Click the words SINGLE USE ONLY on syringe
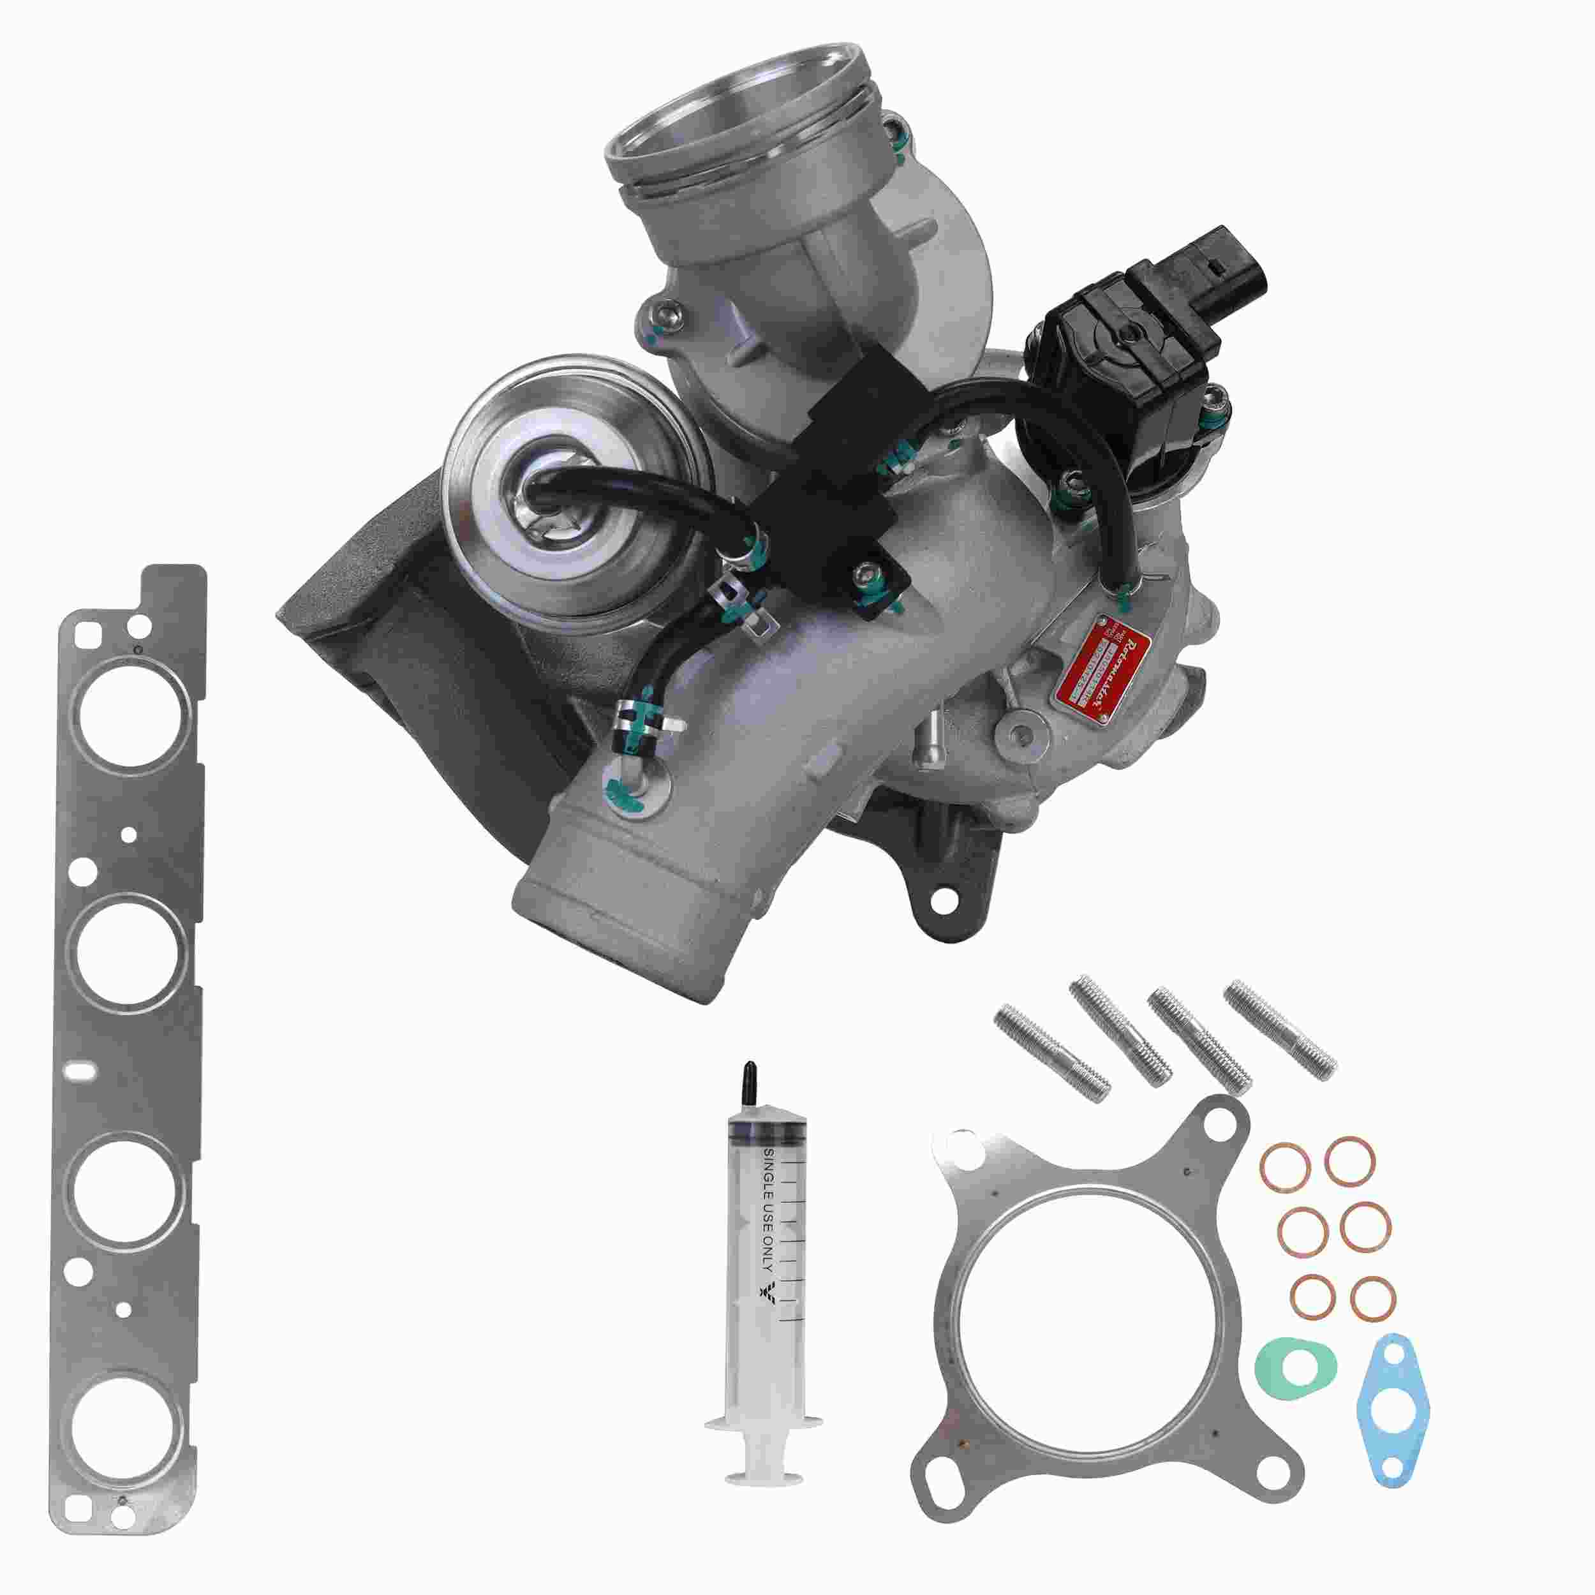pyautogui.click(x=767, y=1214)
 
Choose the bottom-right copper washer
pyautogui.click(x=1374, y=1321)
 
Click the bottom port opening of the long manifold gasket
pyautogui.click(x=126, y=1424)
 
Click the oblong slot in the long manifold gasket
pyautogui.click(x=84, y=1072)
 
